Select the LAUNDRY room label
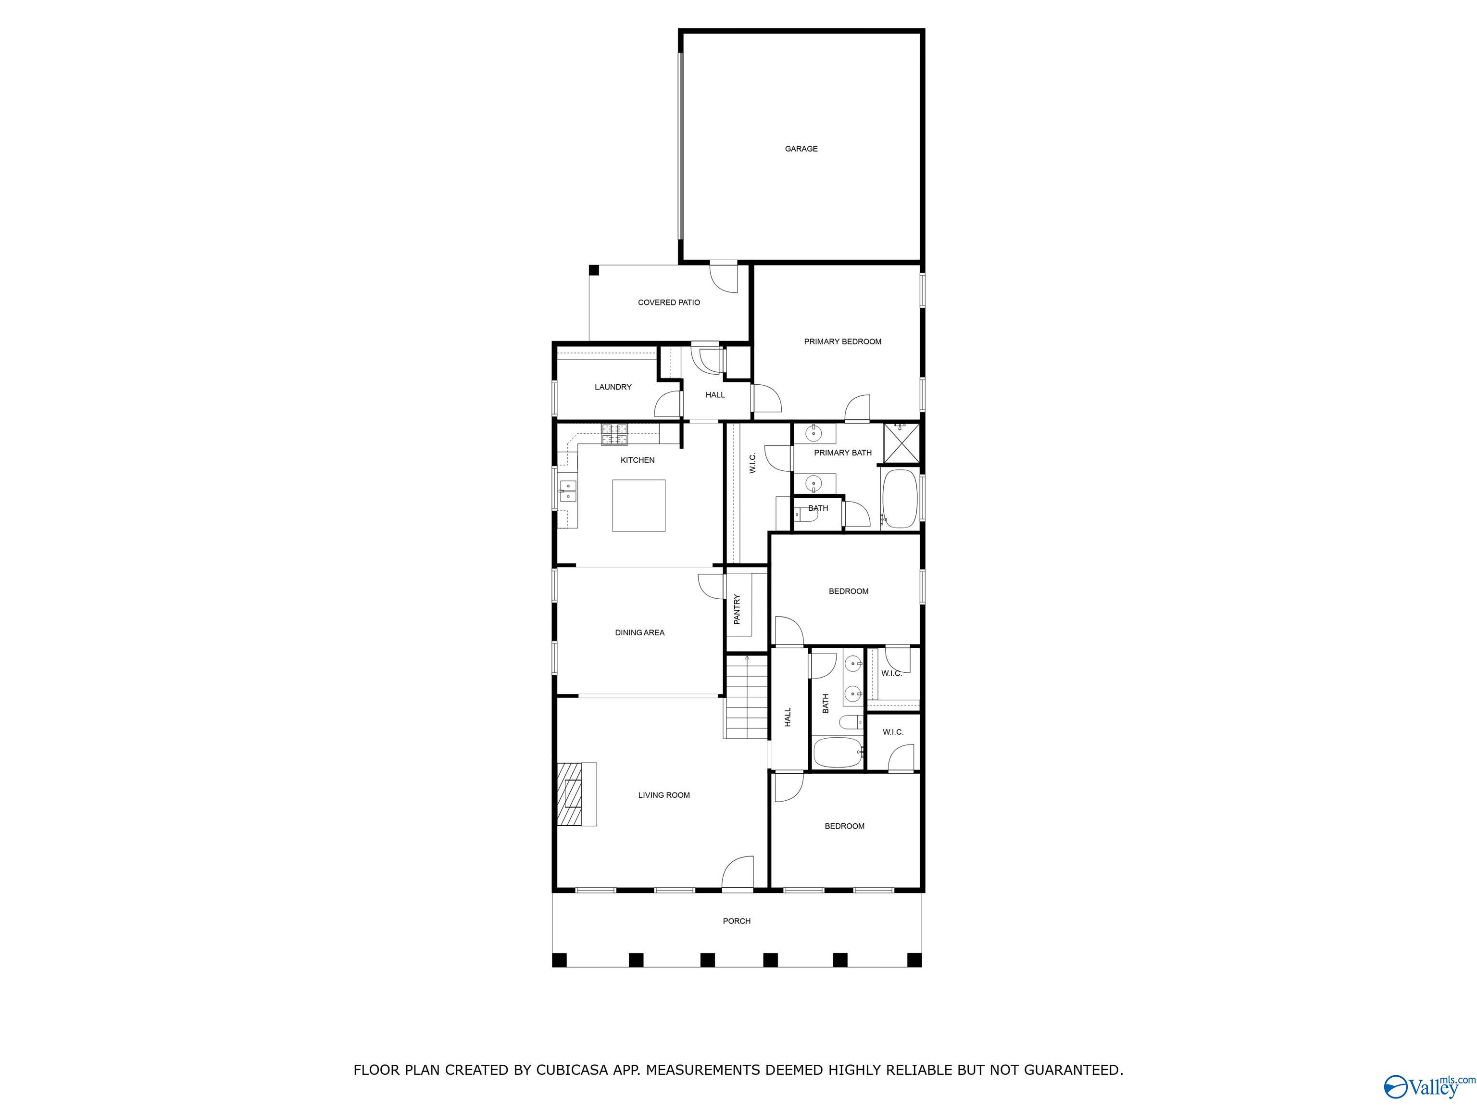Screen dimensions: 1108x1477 tap(613, 387)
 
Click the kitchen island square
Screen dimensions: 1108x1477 tap(638, 505)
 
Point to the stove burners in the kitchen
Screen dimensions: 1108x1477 tap(614, 435)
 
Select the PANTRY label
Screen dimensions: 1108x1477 tap(737, 609)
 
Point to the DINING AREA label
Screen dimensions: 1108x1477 tap(639, 632)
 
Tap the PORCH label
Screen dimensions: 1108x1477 tap(737, 921)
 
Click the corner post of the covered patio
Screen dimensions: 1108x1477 tap(594, 270)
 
